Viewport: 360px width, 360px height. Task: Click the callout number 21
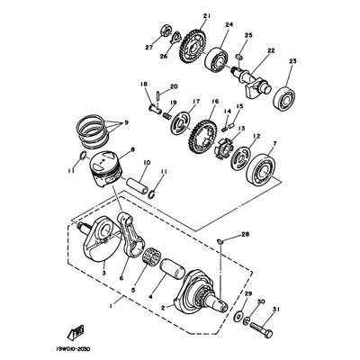tap(206, 16)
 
